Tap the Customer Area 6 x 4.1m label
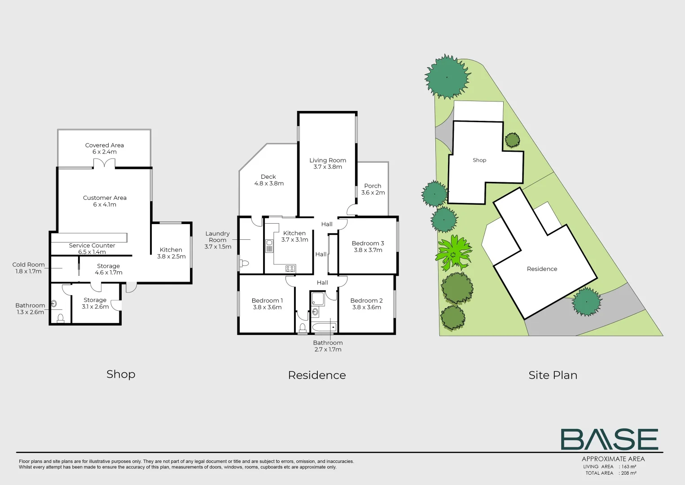pos(105,201)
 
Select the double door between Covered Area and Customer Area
pos(104,164)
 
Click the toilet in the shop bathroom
pos(61,318)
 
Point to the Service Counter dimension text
pos(92,252)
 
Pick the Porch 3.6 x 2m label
pos(373,189)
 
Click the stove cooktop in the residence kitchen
pos(290,269)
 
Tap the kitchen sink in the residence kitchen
pos(269,246)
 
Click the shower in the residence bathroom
pos(318,298)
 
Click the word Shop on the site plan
pos(479,160)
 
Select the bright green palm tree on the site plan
pos(453,253)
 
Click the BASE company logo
pos(610,439)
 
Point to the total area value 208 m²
pos(628,473)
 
